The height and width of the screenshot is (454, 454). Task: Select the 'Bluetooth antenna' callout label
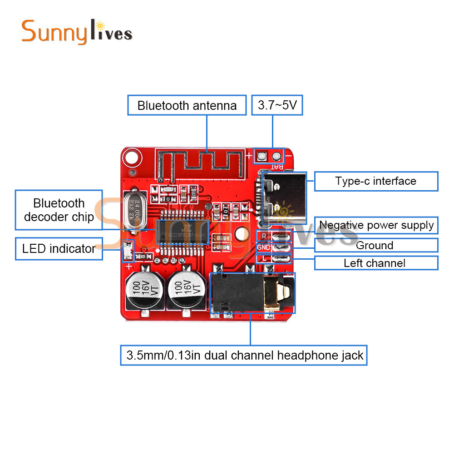[187, 105]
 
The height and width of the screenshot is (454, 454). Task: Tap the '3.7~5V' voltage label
[277, 105]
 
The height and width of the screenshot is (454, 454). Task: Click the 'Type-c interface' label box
[375, 181]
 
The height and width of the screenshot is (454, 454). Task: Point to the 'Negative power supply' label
[376, 225]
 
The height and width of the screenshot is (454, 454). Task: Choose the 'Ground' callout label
[375, 246]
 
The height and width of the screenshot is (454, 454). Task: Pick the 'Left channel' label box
[375, 263]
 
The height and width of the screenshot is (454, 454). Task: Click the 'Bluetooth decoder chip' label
[59, 210]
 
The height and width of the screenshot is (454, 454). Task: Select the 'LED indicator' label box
[59, 249]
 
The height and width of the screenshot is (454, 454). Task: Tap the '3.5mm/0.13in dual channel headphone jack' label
[244, 355]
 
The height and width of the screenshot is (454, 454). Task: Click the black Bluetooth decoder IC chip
[182, 232]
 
